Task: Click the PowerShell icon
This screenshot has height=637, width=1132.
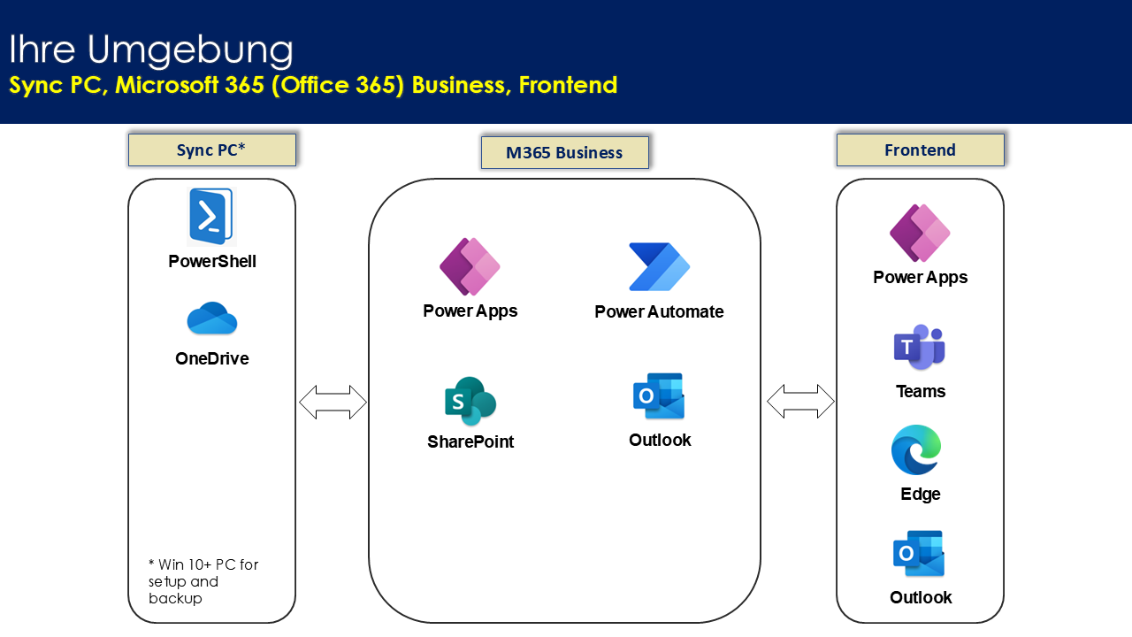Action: (x=211, y=217)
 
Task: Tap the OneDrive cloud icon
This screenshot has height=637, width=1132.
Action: (x=211, y=318)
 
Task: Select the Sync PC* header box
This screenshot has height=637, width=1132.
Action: (x=212, y=150)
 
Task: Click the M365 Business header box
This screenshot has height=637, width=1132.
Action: (x=564, y=152)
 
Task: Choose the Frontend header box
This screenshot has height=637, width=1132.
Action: (x=921, y=150)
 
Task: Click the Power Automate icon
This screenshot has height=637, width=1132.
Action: (x=659, y=267)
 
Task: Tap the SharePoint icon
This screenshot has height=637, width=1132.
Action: (x=470, y=401)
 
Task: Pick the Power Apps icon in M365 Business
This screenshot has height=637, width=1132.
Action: (x=470, y=266)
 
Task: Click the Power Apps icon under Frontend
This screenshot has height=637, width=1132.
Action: (x=920, y=233)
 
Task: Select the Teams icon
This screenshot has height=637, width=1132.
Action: (x=919, y=348)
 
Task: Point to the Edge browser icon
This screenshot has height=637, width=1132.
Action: (x=916, y=450)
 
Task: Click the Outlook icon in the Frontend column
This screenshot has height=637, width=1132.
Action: (x=919, y=553)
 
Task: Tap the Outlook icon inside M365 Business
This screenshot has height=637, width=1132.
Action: (x=659, y=395)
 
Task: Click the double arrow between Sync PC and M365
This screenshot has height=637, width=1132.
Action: (x=333, y=402)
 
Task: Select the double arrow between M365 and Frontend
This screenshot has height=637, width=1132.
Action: (x=800, y=402)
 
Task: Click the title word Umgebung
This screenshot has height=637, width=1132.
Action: (x=190, y=50)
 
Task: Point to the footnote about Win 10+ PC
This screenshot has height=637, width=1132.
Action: (x=203, y=581)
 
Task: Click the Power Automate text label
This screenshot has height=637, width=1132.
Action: (x=659, y=311)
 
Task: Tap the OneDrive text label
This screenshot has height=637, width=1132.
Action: (x=211, y=358)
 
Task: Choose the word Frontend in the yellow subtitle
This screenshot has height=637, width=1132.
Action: (x=568, y=85)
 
